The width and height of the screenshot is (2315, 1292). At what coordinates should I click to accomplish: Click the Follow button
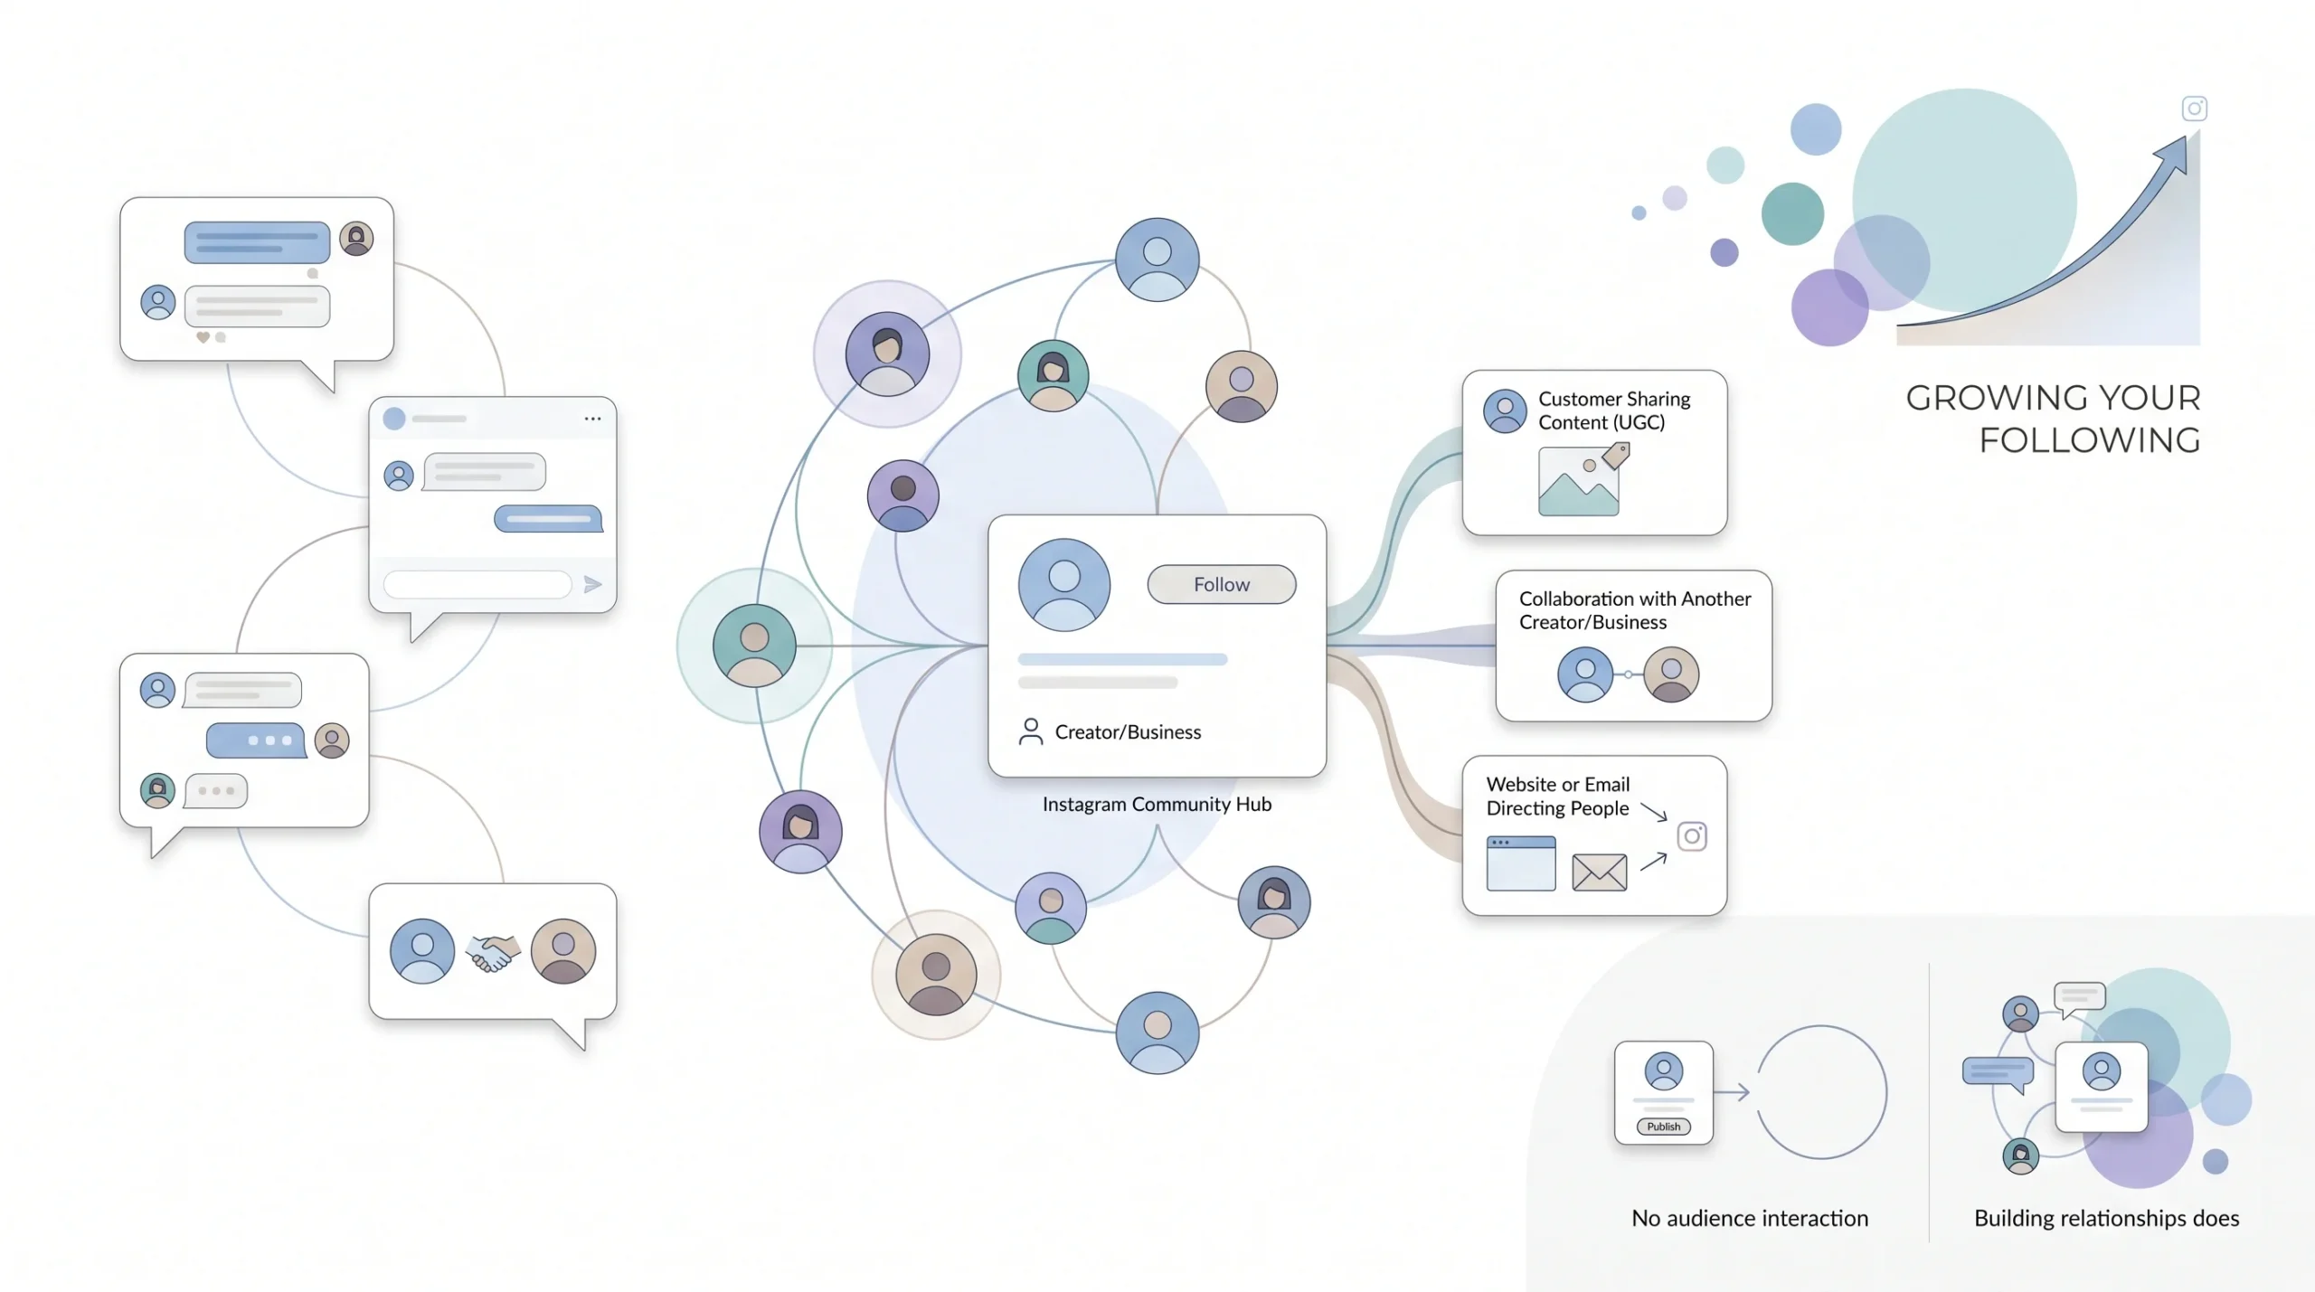coord(1221,584)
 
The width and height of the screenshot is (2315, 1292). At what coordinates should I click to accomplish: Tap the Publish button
coord(1663,1127)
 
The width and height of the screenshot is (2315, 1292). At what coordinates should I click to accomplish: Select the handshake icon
coord(493,952)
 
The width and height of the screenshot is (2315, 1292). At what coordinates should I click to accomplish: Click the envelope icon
coord(1599,872)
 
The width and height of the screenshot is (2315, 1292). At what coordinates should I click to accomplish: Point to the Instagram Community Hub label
coord(1157,804)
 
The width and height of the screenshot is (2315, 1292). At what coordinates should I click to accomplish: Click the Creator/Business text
coord(1128,731)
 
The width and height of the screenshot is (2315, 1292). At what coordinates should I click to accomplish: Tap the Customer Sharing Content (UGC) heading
coord(1614,410)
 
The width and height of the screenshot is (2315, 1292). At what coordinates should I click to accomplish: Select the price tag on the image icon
coord(1616,456)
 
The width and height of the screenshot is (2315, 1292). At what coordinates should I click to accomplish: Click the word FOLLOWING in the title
coord(2090,440)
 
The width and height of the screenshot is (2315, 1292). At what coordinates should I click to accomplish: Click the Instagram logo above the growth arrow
coord(2195,108)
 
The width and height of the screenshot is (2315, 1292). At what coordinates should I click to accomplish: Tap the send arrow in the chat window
coord(592,584)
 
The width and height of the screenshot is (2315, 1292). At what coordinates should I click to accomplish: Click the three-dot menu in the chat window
coord(592,419)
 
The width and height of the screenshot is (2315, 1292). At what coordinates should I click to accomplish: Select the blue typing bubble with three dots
coord(256,740)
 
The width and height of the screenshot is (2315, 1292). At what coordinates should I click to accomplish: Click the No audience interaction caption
coord(1750,1218)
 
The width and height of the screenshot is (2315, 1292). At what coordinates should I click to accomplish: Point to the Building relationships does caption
coord(2107,1218)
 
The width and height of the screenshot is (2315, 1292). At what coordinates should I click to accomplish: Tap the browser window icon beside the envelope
coord(1521,863)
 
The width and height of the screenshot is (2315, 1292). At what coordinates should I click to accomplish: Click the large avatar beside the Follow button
coord(1064,585)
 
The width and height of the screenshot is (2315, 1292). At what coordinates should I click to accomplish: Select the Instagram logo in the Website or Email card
coord(1692,836)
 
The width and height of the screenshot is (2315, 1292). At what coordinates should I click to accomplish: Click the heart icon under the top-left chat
coord(203,337)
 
